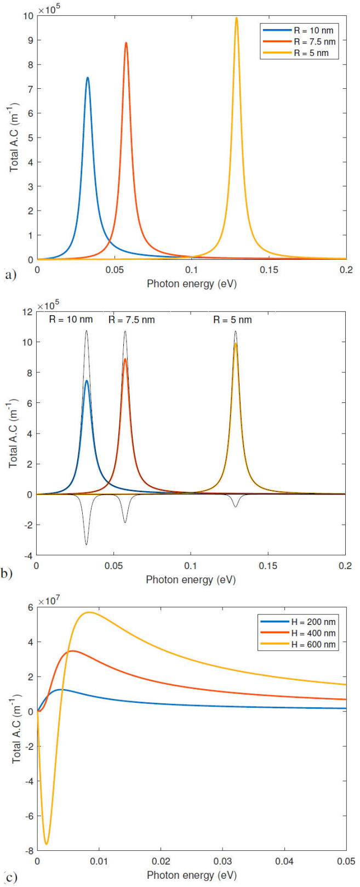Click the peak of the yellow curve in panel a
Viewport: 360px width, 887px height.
[x=237, y=18]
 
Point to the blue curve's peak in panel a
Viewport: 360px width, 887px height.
[x=87, y=78]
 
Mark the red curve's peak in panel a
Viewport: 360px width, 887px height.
[x=126, y=43]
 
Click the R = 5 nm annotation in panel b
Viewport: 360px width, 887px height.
[x=232, y=320]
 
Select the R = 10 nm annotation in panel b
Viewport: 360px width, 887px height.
[x=71, y=320]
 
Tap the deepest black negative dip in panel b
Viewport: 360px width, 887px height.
[x=86, y=544]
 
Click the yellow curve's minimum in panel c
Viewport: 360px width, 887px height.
[x=47, y=844]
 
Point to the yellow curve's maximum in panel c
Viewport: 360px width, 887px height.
[x=88, y=612]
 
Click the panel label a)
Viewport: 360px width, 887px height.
[x=10, y=275]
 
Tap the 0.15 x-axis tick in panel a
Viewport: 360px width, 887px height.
[x=269, y=270]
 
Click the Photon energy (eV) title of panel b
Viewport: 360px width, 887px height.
[x=191, y=579]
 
